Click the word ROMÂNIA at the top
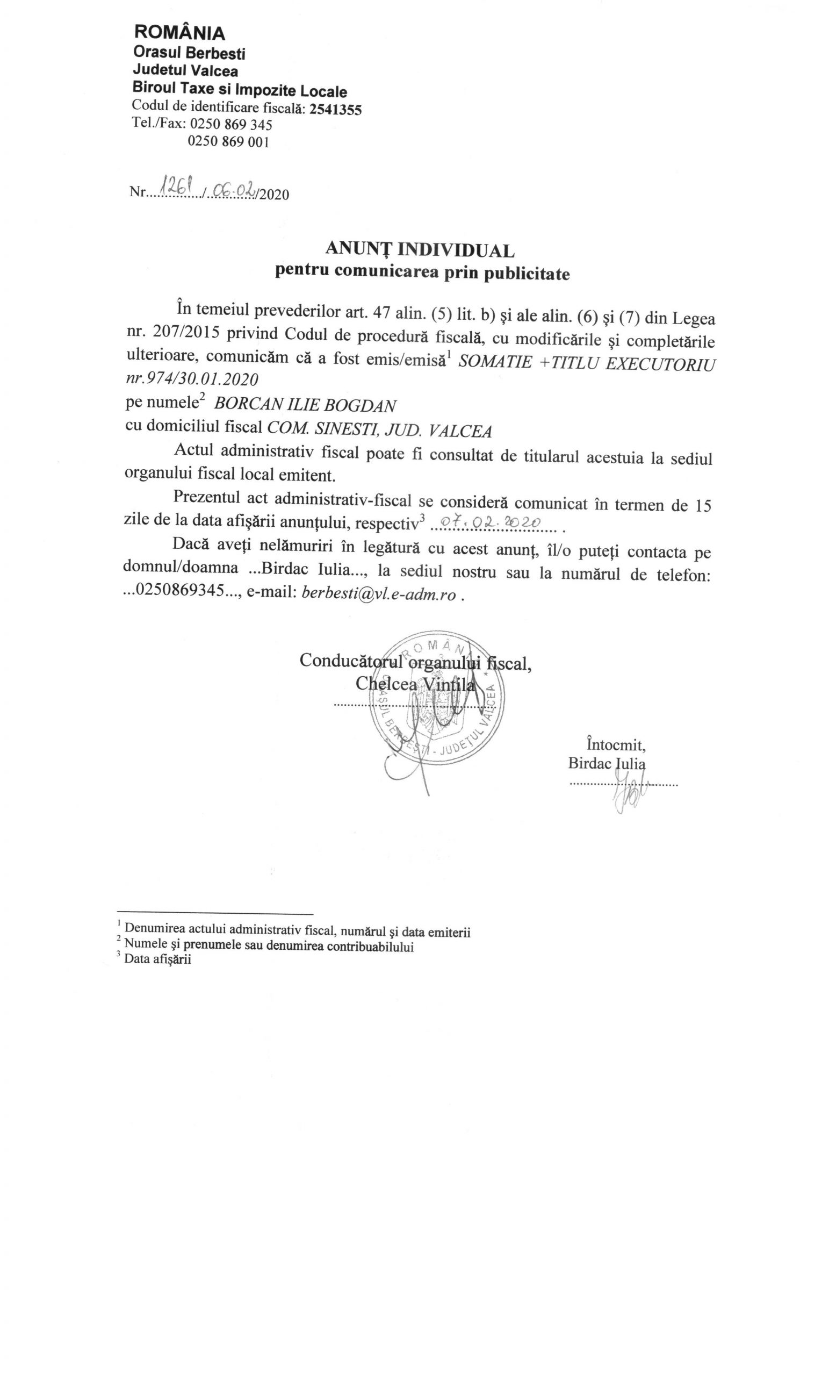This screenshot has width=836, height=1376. point(179,33)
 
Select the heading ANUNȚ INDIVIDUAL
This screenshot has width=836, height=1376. point(419,248)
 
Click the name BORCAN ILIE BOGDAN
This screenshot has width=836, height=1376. point(305,404)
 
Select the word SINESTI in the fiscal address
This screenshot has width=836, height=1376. point(341,430)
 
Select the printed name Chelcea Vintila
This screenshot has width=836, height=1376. point(415,684)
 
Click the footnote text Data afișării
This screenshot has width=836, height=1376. point(157,960)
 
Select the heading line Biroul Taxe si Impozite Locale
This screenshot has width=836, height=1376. point(240,90)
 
